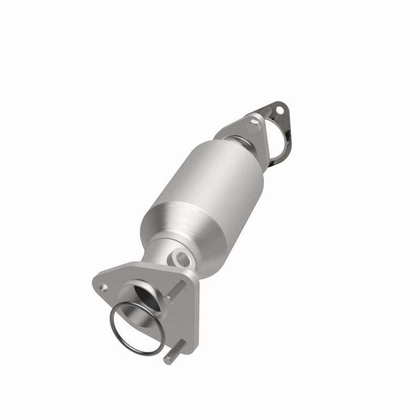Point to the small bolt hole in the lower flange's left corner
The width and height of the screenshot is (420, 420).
(x=104, y=287)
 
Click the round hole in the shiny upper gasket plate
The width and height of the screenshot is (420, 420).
(x=279, y=111)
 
